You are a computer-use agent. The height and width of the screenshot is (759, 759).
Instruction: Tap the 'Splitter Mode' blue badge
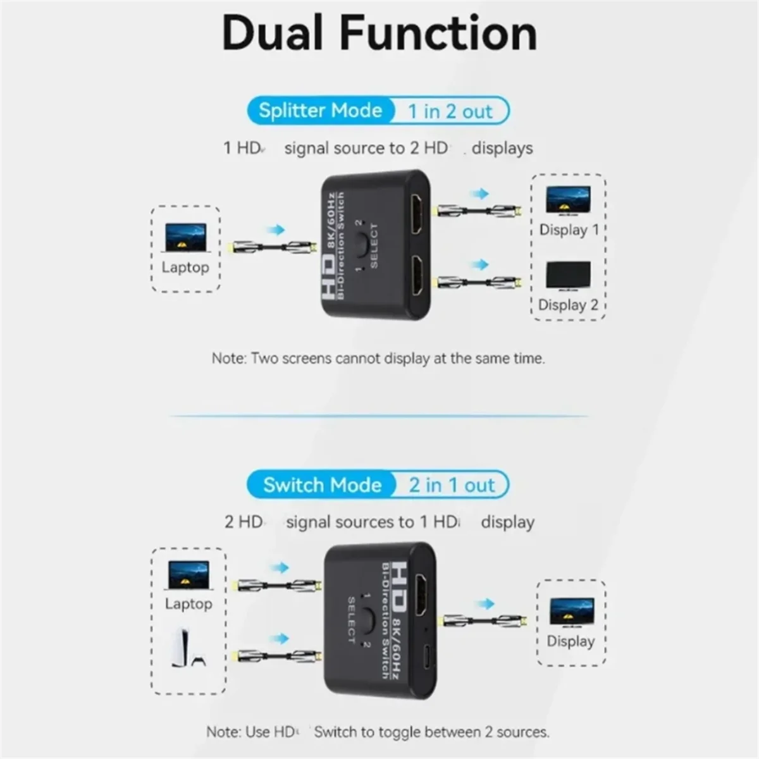pos(320,111)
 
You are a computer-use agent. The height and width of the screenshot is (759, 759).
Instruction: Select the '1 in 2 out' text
pos(450,112)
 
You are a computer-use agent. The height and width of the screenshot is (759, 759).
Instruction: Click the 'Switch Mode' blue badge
pos(322,485)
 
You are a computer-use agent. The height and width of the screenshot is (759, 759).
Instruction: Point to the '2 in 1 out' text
pos(451,485)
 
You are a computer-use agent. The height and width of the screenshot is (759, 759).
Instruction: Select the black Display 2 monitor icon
pos(568,276)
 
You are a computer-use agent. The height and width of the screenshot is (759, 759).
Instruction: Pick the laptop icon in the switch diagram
pos(188,576)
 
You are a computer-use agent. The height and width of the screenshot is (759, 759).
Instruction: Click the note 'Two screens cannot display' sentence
pos(378,359)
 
